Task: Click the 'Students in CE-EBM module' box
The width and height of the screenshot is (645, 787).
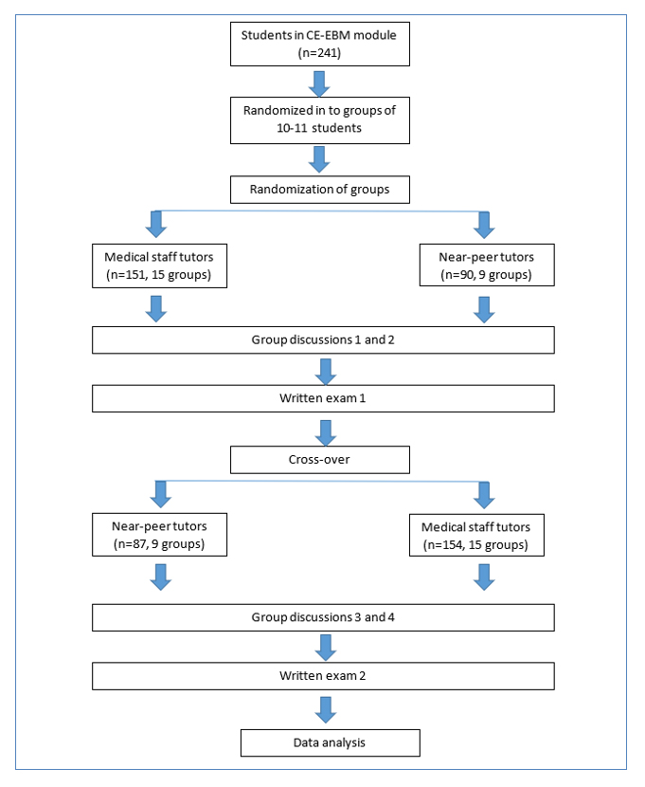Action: (x=320, y=45)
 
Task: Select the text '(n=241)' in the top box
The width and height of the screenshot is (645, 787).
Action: (x=319, y=53)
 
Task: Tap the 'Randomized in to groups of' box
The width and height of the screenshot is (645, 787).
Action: (x=320, y=120)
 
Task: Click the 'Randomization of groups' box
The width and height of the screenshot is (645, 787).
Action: (x=320, y=190)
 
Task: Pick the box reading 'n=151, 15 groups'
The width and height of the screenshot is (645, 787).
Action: (x=159, y=266)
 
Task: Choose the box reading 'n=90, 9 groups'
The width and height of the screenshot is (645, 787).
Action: (x=487, y=265)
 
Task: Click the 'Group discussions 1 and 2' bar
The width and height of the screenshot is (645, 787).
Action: (x=323, y=340)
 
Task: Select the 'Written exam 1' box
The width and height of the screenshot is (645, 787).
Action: (x=323, y=398)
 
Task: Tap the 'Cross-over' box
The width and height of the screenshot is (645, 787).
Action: (x=320, y=460)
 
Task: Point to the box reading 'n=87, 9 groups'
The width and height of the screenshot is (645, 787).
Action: (x=159, y=535)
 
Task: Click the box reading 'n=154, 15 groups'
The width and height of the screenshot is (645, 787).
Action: (x=476, y=535)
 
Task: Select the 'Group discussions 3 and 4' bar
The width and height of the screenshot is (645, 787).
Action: (x=323, y=617)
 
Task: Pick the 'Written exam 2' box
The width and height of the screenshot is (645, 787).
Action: (x=323, y=676)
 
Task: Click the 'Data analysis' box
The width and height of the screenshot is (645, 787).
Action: (x=331, y=742)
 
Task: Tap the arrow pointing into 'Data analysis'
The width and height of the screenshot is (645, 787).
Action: (x=326, y=709)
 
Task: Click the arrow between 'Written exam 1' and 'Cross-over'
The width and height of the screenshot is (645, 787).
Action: (x=326, y=432)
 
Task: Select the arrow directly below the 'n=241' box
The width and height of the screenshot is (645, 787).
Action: (x=319, y=83)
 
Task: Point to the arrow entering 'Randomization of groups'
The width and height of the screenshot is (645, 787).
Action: (x=319, y=159)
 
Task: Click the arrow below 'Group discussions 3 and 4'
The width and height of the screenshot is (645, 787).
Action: (x=326, y=648)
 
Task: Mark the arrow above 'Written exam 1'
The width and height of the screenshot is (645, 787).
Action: (x=326, y=372)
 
